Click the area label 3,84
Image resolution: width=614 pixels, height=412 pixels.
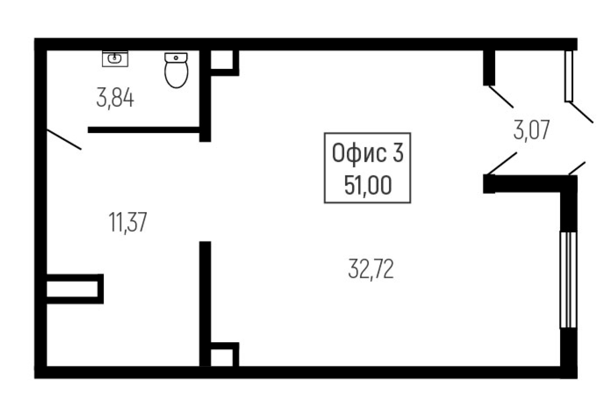pyautogui.click(x=115, y=98)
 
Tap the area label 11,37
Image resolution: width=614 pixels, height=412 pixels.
pyautogui.click(x=128, y=222)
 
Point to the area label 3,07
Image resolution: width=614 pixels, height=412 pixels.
pyautogui.click(x=531, y=130)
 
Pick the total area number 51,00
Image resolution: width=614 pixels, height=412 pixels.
pyautogui.click(x=368, y=186)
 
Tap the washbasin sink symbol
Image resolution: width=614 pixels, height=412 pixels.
pyautogui.click(x=115, y=58)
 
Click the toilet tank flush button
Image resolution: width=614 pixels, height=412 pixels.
pyautogui.click(x=176, y=58)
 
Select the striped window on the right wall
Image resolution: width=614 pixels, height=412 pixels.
pyautogui.click(x=568, y=280)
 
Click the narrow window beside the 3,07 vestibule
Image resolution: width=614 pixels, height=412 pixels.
pyautogui.click(x=569, y=76)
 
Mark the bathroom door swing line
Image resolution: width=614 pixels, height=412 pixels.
pyautogui.click(x=64, y=139)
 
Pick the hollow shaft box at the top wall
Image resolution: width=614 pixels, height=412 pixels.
pyautogui.click(x=225, y=63)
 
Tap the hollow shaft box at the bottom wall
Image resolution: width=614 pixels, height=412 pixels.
pyautogui.click(x=225, y=354)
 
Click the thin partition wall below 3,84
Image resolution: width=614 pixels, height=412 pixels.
pyautogui.click(x=144, y=130)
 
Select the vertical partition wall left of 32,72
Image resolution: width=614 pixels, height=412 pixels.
pyautogui.click(x=205, y=304)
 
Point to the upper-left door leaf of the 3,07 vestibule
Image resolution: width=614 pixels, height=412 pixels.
pyautogui.click(x=501, y=97)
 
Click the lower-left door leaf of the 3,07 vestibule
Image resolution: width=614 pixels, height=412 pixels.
pyautogui.click(x=502, y=164)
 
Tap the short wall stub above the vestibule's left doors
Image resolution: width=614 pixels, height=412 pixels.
pyautogui.click(x=489, y=68)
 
